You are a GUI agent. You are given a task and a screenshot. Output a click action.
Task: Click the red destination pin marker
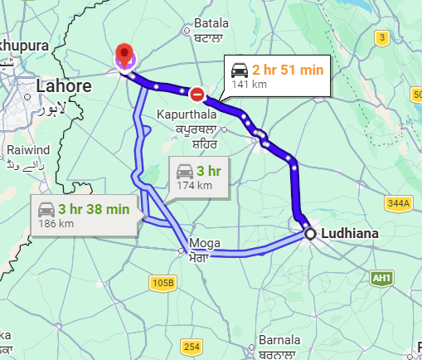[x=124, y=54]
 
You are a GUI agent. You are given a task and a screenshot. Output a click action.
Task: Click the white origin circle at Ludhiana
[x=310, y=235]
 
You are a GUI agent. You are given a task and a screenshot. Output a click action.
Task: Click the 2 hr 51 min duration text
[x=288, y=70]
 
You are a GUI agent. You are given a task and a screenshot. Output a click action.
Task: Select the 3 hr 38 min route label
[x=95, y=209]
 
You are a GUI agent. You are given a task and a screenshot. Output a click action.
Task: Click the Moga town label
[x=206, y=243]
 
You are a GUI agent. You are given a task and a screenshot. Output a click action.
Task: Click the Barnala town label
[x=279, y=341]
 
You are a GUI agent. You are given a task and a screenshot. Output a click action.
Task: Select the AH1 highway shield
[x=381, y=277]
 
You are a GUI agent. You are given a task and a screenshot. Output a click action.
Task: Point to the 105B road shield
[x=163, y=284]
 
